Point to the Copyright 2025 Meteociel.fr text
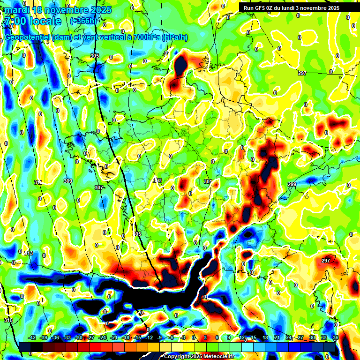(x=199, y=357)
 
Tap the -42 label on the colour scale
(x=32, y=337)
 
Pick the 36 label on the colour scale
(x=336, y=337)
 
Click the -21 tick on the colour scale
(x=114, y=337)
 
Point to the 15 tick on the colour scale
(x=254, y=337)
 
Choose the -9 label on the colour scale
(x=160, y=337)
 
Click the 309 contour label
(x=68, y=181)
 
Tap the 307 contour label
(x=98, y=187)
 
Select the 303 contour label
(x=157, y=180)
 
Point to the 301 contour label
(x=208, y=181)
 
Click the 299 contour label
(x=292, y=184)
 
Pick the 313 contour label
(x=29, y=254)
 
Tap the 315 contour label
(x=8, y=320)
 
